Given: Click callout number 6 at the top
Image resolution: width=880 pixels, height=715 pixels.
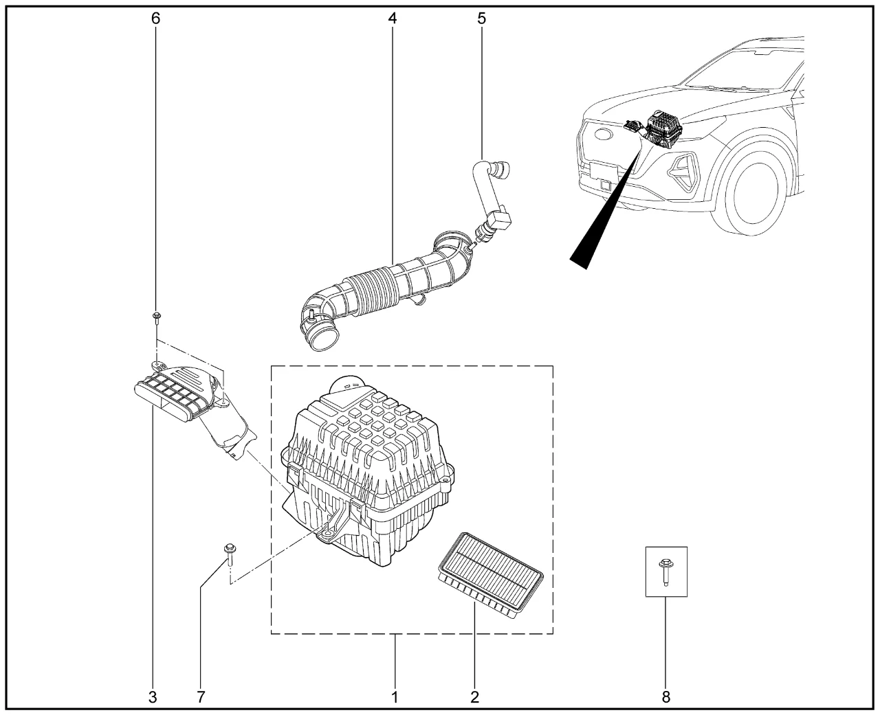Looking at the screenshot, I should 156,19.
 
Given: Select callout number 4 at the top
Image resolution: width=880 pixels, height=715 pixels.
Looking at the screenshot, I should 393,19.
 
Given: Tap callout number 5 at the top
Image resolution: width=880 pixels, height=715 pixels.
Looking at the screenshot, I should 481,19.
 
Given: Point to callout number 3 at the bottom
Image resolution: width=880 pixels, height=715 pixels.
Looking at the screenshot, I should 153,697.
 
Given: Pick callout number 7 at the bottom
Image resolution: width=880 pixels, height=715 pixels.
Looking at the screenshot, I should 201,697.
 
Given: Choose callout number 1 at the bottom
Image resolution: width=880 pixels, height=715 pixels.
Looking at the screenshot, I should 395,697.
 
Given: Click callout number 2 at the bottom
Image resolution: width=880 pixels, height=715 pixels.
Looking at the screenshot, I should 474,697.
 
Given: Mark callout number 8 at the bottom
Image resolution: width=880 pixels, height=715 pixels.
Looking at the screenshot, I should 665,697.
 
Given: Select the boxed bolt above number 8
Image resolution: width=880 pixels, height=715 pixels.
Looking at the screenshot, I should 665,571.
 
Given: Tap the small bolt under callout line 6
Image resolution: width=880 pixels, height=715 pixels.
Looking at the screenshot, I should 157,317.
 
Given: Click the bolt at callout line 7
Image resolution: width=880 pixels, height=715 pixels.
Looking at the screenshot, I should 228,552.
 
